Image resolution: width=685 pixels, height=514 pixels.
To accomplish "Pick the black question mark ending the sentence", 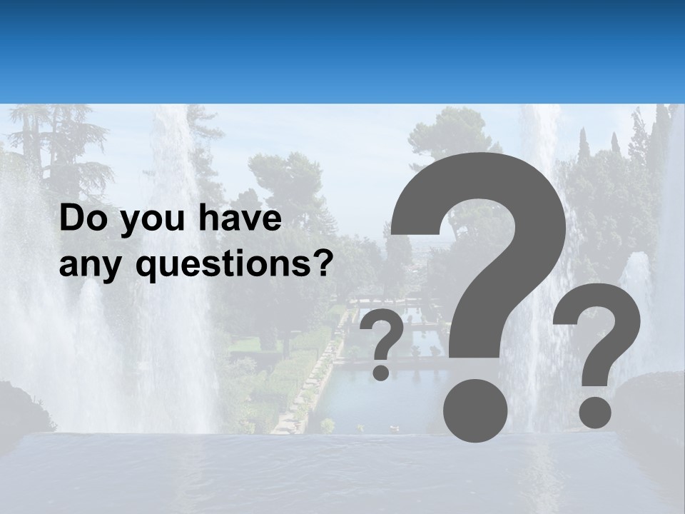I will click(x=324, y=264).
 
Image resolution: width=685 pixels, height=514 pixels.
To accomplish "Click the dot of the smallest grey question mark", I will click(x=381, y=372).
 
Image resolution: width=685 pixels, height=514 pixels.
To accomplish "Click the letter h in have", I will click(x=206, y=220).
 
